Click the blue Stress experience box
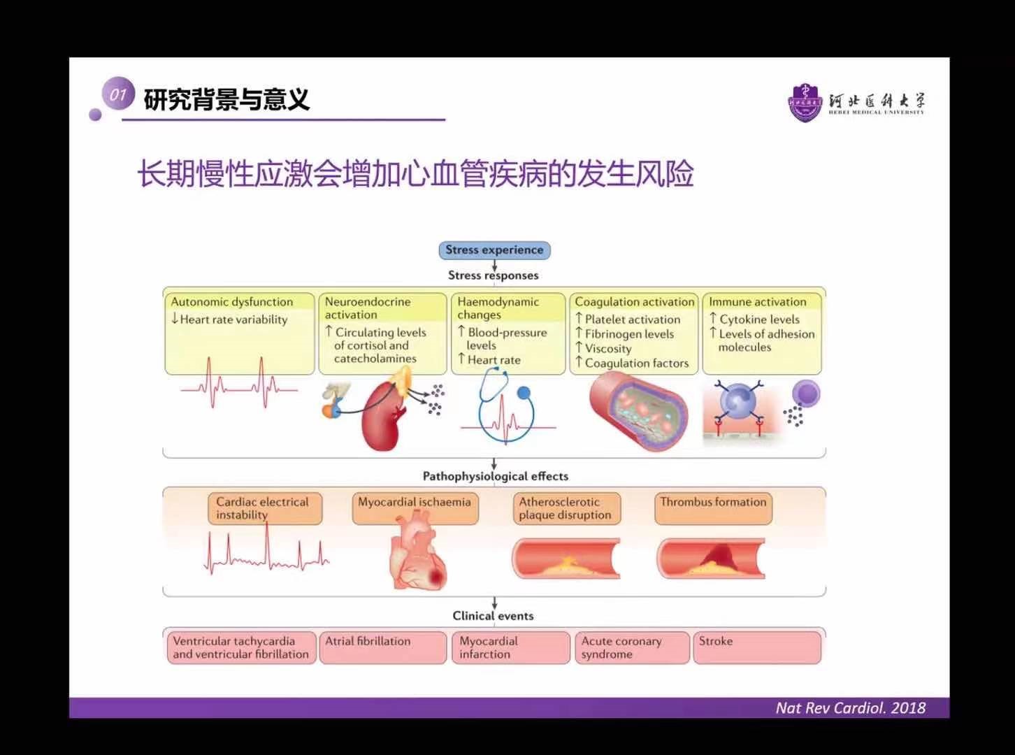(494, 250)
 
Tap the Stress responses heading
(494, 275)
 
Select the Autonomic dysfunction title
(232, 302)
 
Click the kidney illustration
(382, 415)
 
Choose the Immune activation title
(758, 302)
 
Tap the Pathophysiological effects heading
(495, 476)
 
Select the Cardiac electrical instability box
(264, 508)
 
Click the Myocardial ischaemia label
(415, 502)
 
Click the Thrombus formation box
(713, 508)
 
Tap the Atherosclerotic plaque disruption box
(566, 508)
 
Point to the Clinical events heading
(493, 616)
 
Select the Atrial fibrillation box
(382, 647)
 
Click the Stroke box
(756, 647)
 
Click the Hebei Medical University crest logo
(806, 102)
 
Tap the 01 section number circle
(117, 94)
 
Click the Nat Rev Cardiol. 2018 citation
(850, 707)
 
